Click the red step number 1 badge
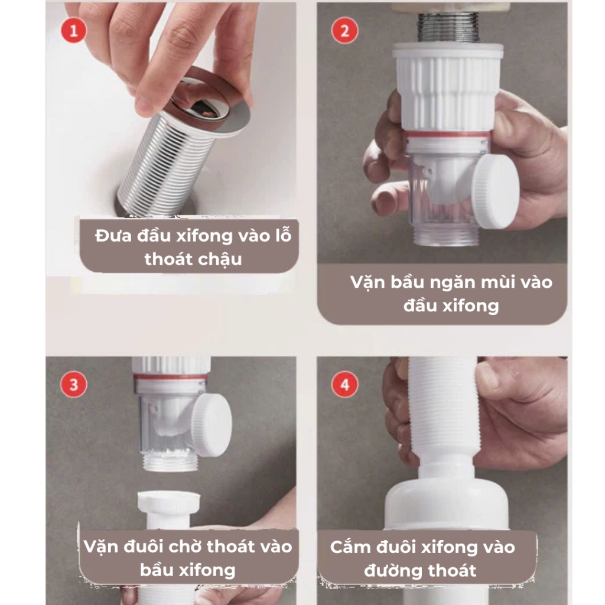point(73,31)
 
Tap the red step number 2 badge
point(344,31)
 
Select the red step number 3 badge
point(74,384)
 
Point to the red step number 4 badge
point(344,384)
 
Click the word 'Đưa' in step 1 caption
point(113,236)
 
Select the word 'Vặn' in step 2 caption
point(368,282)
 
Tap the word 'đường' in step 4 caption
point(390,571)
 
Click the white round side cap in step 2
point(495,191)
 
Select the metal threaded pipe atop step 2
point(448,28)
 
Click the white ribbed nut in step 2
point(448,87)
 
